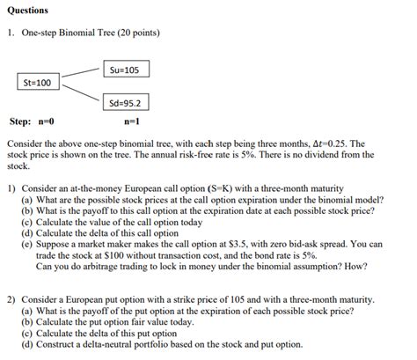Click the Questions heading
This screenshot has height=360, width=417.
point(27,11)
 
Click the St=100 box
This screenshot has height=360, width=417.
point(37,83)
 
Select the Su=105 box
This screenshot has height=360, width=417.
point(126,70)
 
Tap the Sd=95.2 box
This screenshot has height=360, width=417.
point(126,101)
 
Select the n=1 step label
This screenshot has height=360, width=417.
point(132,121)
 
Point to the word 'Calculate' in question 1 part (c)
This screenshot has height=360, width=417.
point(58,223)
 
